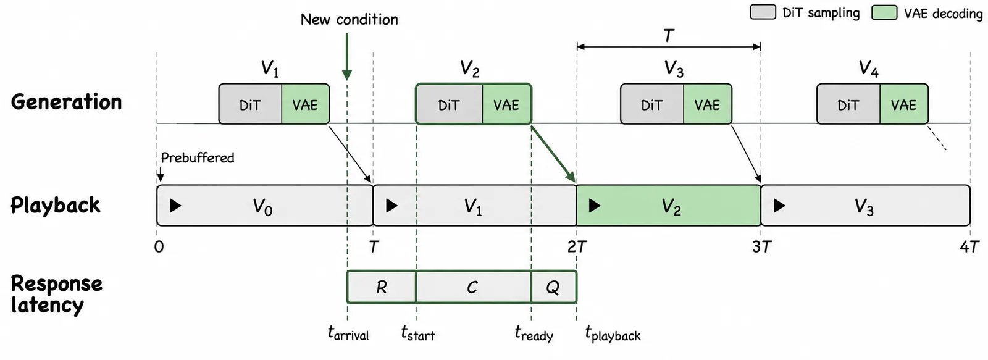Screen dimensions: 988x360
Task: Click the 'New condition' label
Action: click(x=350, y=19)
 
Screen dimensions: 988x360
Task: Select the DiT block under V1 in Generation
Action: click(x=250, y=104)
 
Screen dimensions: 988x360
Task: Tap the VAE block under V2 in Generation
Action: click(x=507, y=104)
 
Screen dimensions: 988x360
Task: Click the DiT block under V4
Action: click(x=848, y=104)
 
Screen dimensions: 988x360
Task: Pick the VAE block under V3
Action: click(x=708, y=104)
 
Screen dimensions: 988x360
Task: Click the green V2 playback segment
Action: click(x=669, y=206)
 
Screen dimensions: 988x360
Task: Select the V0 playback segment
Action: click(x=265, y=206)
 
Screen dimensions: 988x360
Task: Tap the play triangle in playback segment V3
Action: click(x=779, y=206)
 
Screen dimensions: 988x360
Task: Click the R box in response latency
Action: click(x=382, y=287)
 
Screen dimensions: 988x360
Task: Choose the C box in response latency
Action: click(x=473, y=287)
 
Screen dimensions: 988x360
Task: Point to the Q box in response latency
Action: click(x=553, y=287)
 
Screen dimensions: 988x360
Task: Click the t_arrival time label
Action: click(x=348, y=333)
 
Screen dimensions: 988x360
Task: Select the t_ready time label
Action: click(x=534, y=333)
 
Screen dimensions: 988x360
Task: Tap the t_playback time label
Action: click(x=613, y=333)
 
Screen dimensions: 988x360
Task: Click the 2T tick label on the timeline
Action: click(x=577, y=247)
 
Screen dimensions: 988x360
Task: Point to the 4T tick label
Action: click(x=969, y=247)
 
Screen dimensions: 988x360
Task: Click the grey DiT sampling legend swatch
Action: click(x=763, y=12)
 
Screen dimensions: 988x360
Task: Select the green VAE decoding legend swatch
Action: click(x=884, y=12)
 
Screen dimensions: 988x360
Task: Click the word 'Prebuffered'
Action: click(x=198, y=158)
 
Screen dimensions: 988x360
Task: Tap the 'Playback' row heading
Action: click(x=56, y=206)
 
